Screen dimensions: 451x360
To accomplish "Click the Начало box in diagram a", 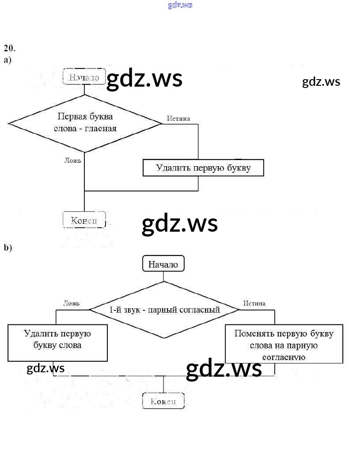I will pyautogui.click(x=84, y=77).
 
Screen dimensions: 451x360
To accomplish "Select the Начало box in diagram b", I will pyautogui.click(x=163, y=264).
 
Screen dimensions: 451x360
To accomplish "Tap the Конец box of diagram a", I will pyautogui.click(x=84, y=220).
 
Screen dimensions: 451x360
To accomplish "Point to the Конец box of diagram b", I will pyautogui.click(x=163, y=401).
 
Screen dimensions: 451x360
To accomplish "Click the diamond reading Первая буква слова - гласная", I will pyautogui.click(x=85, y=123).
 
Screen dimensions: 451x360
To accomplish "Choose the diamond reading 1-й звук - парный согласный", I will pyautogui.click(x=164, y=310).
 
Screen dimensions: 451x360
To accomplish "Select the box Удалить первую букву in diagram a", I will pyautogui.click(x=203, y=168).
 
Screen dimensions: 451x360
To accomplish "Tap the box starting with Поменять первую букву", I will pyautogui.click(x=284, y=344).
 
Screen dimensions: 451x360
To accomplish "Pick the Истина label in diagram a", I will pyautogui.click(x=178, y=118).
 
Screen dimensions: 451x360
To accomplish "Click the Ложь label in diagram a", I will pyautogui.click(x=73, y=161).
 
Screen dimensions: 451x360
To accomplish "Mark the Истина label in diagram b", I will pyautogui.click(x=254, y=303).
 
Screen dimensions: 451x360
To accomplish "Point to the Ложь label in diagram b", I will pyautogui.click(x=71, y=303).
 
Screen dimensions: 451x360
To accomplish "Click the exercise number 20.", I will pyautogui.click(x=9, y=48).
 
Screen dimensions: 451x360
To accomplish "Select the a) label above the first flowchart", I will pyautogui.click(x=8, y=60).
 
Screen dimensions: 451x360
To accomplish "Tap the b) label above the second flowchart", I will pyautogui.click(x=8, y=248).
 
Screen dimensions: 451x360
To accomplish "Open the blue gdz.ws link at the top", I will pyautogui.click(x=180, y=5).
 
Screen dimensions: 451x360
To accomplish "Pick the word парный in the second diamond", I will pyautogui.click(x=162, y=310).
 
